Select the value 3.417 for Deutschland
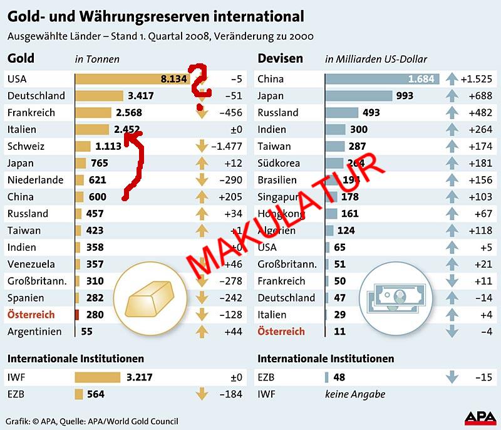140,96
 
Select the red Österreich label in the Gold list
31,315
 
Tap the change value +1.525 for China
476,80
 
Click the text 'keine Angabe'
355,394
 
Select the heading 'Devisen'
280,58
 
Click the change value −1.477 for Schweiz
226,147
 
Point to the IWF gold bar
97,377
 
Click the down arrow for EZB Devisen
451,377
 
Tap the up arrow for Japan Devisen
451,96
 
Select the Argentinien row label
34,332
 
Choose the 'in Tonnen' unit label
97,60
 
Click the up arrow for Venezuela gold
201,264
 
